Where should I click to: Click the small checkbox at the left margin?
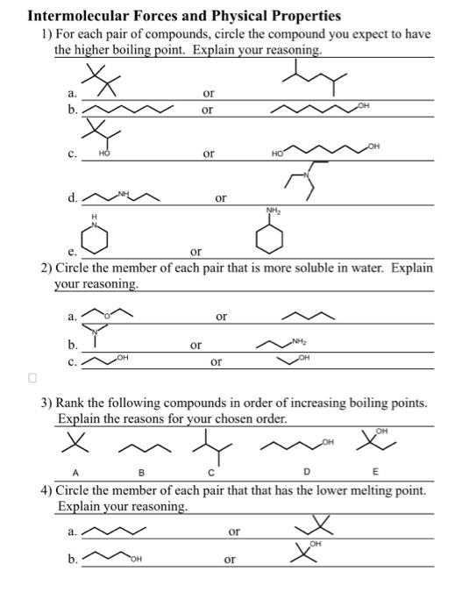[32, 378]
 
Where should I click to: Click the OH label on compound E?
[382, 431]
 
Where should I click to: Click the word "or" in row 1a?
[208, 92]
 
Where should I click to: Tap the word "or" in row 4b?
[230, 559]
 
